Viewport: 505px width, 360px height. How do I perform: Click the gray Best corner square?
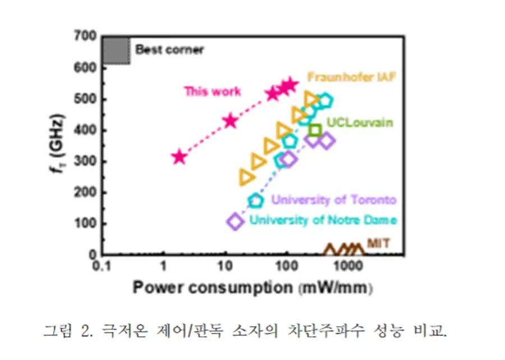116,51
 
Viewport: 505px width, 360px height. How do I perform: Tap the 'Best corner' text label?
169,50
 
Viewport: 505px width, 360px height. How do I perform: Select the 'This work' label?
213,92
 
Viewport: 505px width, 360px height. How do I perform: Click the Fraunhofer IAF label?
351,77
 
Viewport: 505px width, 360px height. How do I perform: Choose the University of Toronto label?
334,200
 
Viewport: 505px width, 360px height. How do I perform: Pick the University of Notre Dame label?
323,220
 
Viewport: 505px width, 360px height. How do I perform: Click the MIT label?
378,243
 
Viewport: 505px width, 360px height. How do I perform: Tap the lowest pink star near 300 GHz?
179,157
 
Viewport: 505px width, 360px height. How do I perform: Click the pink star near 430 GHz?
230,121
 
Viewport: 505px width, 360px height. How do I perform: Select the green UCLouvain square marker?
315,131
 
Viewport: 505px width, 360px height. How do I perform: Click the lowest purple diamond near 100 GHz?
236,221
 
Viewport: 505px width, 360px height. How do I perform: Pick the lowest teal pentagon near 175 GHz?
256,200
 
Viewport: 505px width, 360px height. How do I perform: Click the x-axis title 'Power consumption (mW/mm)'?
253,288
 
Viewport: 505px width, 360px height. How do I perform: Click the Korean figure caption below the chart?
245,330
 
